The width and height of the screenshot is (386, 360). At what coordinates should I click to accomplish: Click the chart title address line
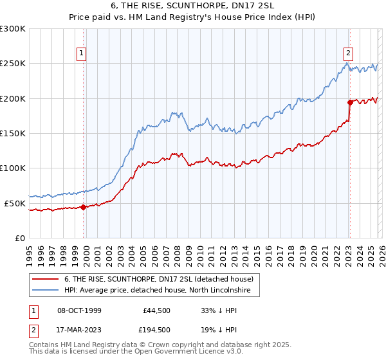point(192,6)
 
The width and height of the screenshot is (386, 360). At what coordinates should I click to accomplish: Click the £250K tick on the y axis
point(13,64)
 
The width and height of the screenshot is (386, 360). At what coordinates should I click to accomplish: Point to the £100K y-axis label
point(13,168)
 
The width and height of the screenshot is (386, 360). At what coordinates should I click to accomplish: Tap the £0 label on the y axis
point(19,238)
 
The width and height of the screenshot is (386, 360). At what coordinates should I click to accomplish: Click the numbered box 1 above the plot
point(82,53)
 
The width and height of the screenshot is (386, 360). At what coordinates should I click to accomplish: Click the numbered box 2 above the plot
point(348,53)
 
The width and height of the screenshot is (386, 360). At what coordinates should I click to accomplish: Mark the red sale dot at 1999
point(84,207)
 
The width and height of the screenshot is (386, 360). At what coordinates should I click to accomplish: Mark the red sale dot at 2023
point(350,102)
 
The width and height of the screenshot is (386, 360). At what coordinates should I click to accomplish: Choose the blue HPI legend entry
point(161,291)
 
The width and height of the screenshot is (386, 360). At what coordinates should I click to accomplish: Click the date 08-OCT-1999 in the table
point(79,310)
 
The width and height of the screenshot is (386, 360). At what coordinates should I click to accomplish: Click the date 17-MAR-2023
point(79,329)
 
